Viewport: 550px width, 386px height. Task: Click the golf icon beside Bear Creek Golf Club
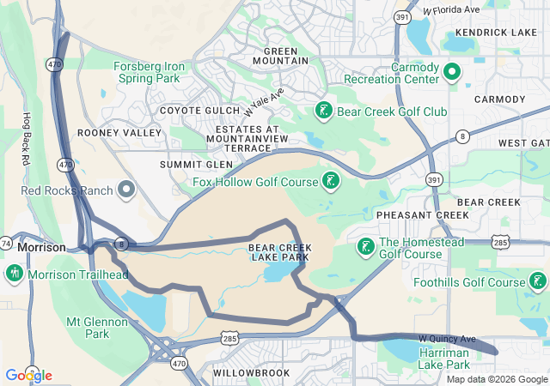click(x=323, y=111)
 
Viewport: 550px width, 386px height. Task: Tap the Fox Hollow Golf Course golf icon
click(x=329, y=180)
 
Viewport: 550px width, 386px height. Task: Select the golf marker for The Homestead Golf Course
click(x=364, y=247)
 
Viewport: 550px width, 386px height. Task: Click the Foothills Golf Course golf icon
click(x=537, y=281)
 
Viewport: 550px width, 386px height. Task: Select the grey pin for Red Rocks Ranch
click(x=127, y=189)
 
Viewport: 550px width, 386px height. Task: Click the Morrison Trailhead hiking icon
click(x=14, y=274)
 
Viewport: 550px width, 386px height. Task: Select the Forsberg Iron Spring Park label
click(x=146, y=71)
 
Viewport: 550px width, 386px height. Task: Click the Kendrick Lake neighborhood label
click(x=495, y=33)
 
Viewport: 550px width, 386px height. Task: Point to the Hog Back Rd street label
click(x=26, y=139)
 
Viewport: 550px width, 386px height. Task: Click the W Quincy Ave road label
click(x=447, y=339)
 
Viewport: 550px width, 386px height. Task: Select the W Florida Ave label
click(x=451, y=9)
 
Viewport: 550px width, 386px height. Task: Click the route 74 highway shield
click(x=5, y=244)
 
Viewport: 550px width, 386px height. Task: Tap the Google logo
click(x=28, y=376)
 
